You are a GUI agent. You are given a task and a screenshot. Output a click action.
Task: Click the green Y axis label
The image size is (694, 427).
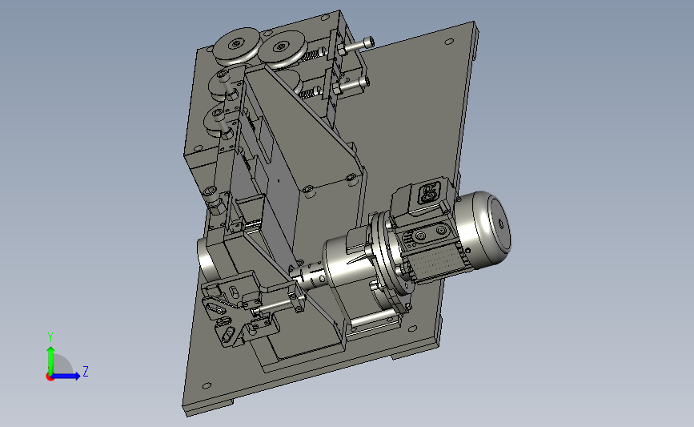pos(50,337)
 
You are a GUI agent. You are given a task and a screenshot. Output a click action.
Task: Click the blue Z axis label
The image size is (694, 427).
pos(86,371)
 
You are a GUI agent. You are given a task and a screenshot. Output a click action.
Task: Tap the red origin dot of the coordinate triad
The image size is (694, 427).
pos(50,377)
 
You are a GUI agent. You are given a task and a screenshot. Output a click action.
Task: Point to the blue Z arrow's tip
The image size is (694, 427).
pos(80,377)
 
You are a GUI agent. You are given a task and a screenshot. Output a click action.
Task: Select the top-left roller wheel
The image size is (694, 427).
pos(236,45)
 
